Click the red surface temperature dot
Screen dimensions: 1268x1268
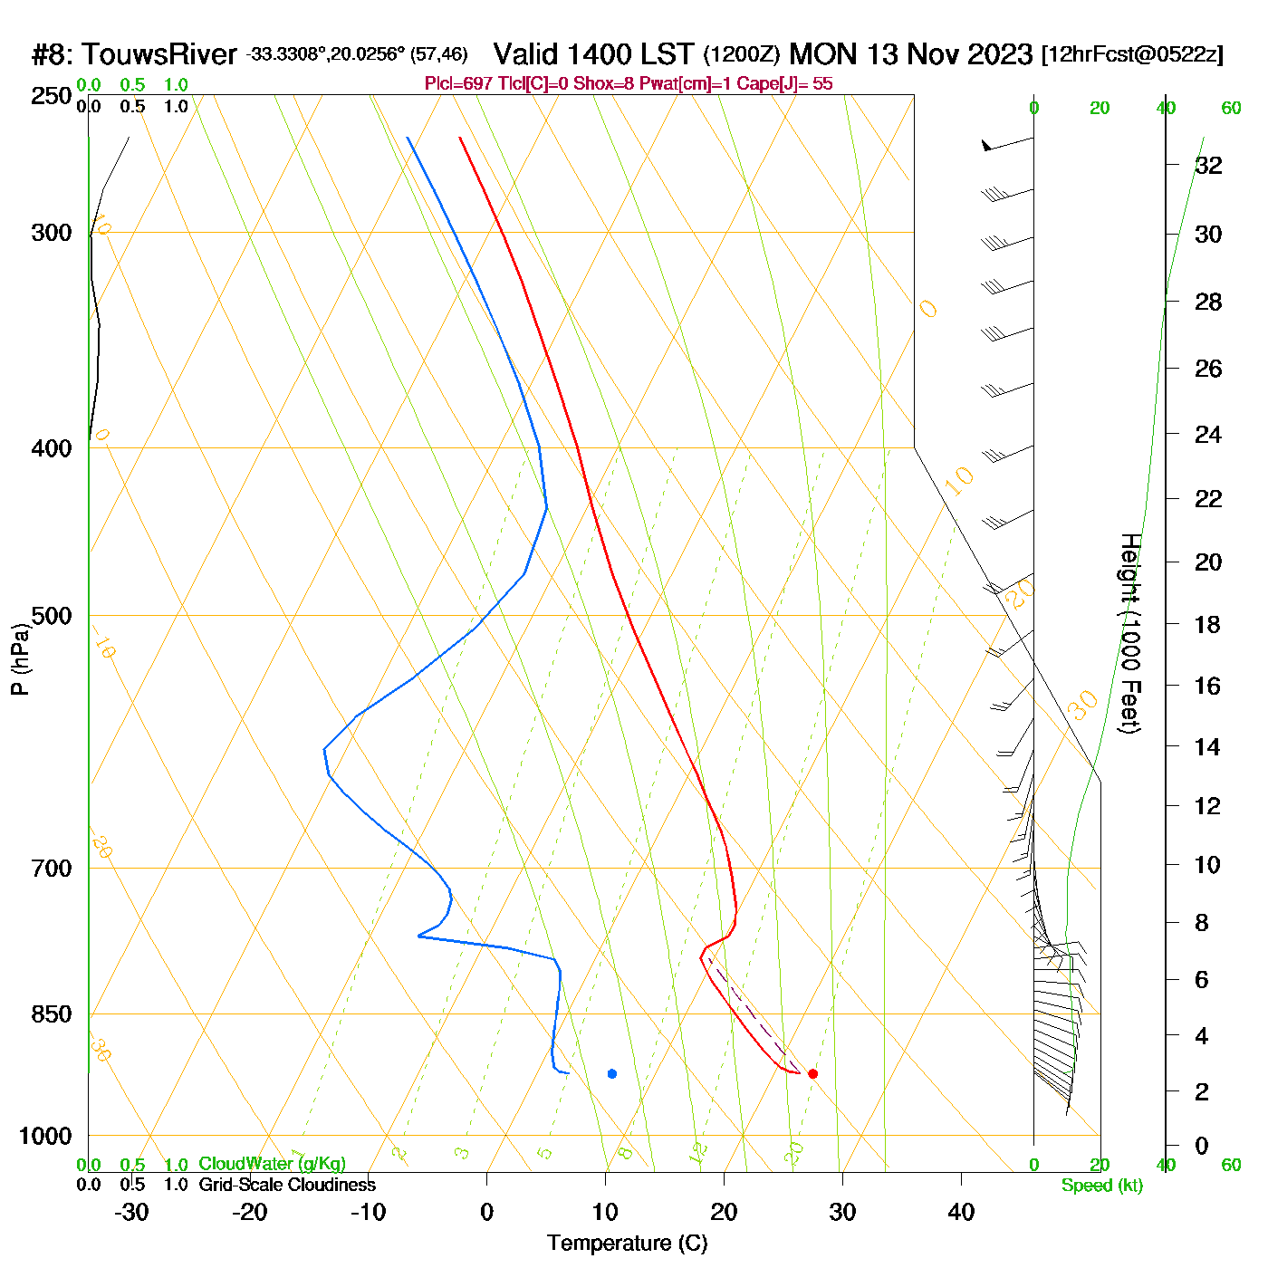pyautogui.click(x=812, y=1073)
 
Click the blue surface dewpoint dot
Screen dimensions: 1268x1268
pyautogui.click(x=612, y=1073)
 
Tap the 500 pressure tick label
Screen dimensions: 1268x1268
pyautogui.click(x=52, y=616)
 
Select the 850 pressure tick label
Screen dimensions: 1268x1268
pyautogui.click(x=52, y=1014)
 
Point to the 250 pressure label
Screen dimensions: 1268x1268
pyautogui.click(x=52, y=96)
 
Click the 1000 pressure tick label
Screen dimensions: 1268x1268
pyautogui.click(x=45, y=1136)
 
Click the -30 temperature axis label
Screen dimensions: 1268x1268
pyautogui.click(x=131, y=1212)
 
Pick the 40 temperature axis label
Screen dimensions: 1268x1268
pyautogui.click(x=961, y=1212)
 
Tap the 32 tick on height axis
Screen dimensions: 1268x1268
pyautogui.click(x=1208, y=165)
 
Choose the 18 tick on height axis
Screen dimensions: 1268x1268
pyautogui.click(x=1207, y=624)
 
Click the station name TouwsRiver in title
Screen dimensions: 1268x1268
pyautogui.click(x=158, y=55)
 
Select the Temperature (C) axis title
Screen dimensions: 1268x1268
pyautogui.click(x=627, y=1244)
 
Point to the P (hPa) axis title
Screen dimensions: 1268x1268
pyautogui.click(x=20, y=658)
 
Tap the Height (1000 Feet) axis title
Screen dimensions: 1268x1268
pyautogui.click(x=1130, y=633)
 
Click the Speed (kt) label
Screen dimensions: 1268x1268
pyautogui.click(x=1101, y=1186)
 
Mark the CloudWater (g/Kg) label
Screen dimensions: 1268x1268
pyautogui.click(x=272, y=1164)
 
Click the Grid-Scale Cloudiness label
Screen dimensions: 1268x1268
pyautogui.click(x=287, y=1185)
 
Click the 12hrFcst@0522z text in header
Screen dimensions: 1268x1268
pyautogui.click(x=1132, y=55)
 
